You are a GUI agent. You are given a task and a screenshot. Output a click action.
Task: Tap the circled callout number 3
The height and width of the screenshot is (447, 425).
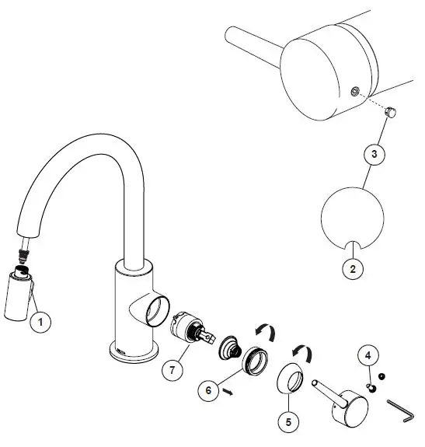(374, 154)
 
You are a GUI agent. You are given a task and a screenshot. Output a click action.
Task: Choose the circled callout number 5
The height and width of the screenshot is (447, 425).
(287, 423)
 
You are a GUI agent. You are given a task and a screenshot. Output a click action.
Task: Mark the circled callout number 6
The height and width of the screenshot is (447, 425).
(208, 390)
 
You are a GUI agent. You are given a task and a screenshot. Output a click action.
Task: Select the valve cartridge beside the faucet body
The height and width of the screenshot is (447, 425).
(189, 327)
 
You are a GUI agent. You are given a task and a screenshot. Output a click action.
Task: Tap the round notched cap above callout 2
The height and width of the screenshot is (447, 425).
(354, 218)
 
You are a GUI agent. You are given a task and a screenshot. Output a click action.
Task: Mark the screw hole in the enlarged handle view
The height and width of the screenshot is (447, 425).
(354, 93)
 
